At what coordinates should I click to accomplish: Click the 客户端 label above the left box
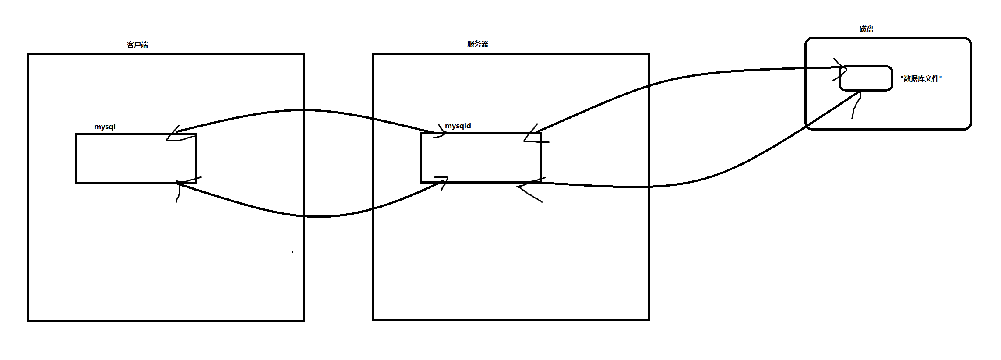coord(137,45)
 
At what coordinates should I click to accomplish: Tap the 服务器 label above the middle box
coord(477,44)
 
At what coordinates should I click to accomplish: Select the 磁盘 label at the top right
coord(866,29)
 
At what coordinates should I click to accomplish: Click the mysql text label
coord(105,127)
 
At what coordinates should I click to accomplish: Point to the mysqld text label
coord(458,126)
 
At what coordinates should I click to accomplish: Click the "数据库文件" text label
coord(921,79)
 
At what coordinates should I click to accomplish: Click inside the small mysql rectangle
coord(136,158)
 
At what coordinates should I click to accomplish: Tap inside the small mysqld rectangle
coord(481,158)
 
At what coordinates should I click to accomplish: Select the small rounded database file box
coord(866,78)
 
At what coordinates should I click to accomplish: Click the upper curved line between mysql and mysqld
coord(307,110)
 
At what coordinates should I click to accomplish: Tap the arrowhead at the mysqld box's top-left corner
coord(439,134)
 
